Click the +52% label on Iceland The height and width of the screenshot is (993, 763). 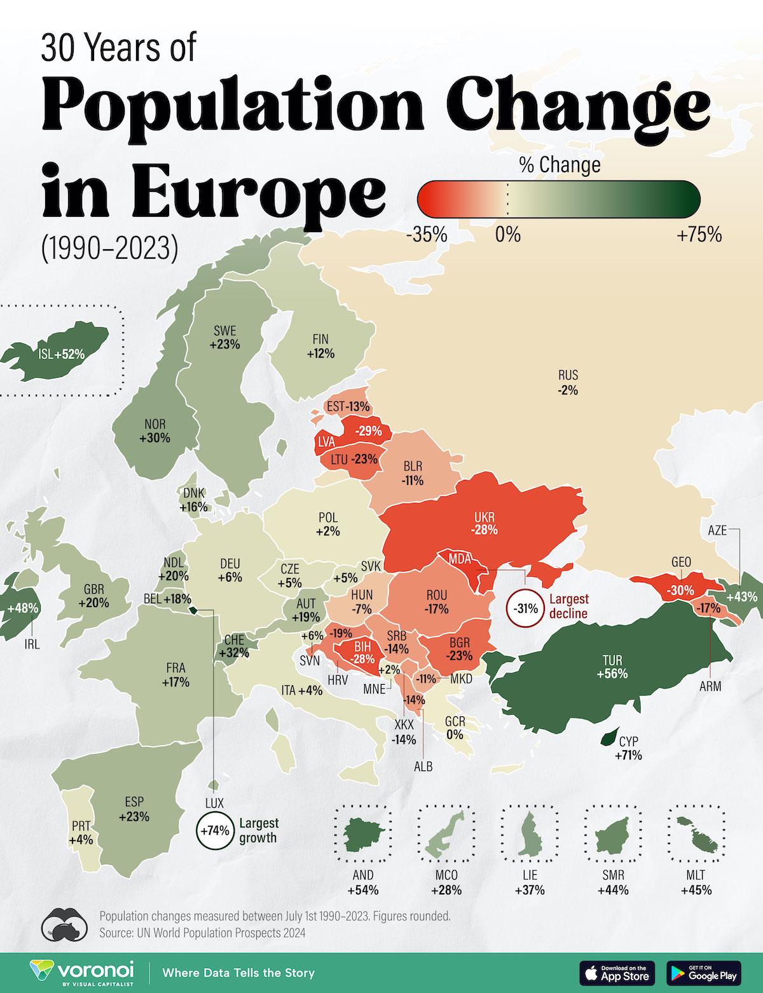click(70, 354)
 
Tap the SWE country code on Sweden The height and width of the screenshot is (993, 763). click(224, 331)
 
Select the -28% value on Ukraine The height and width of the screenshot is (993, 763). click(485, 530)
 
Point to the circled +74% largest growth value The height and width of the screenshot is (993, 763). click(214, 830)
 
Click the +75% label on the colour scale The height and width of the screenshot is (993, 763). click(699, 235)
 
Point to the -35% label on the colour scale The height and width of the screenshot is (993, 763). click(426, 235)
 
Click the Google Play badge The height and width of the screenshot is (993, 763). click(704, 972)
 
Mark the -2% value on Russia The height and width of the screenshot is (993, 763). click(568, 391)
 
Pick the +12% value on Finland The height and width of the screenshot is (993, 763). click(320, 353)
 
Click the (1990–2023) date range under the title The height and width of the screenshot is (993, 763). click(109, 248)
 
